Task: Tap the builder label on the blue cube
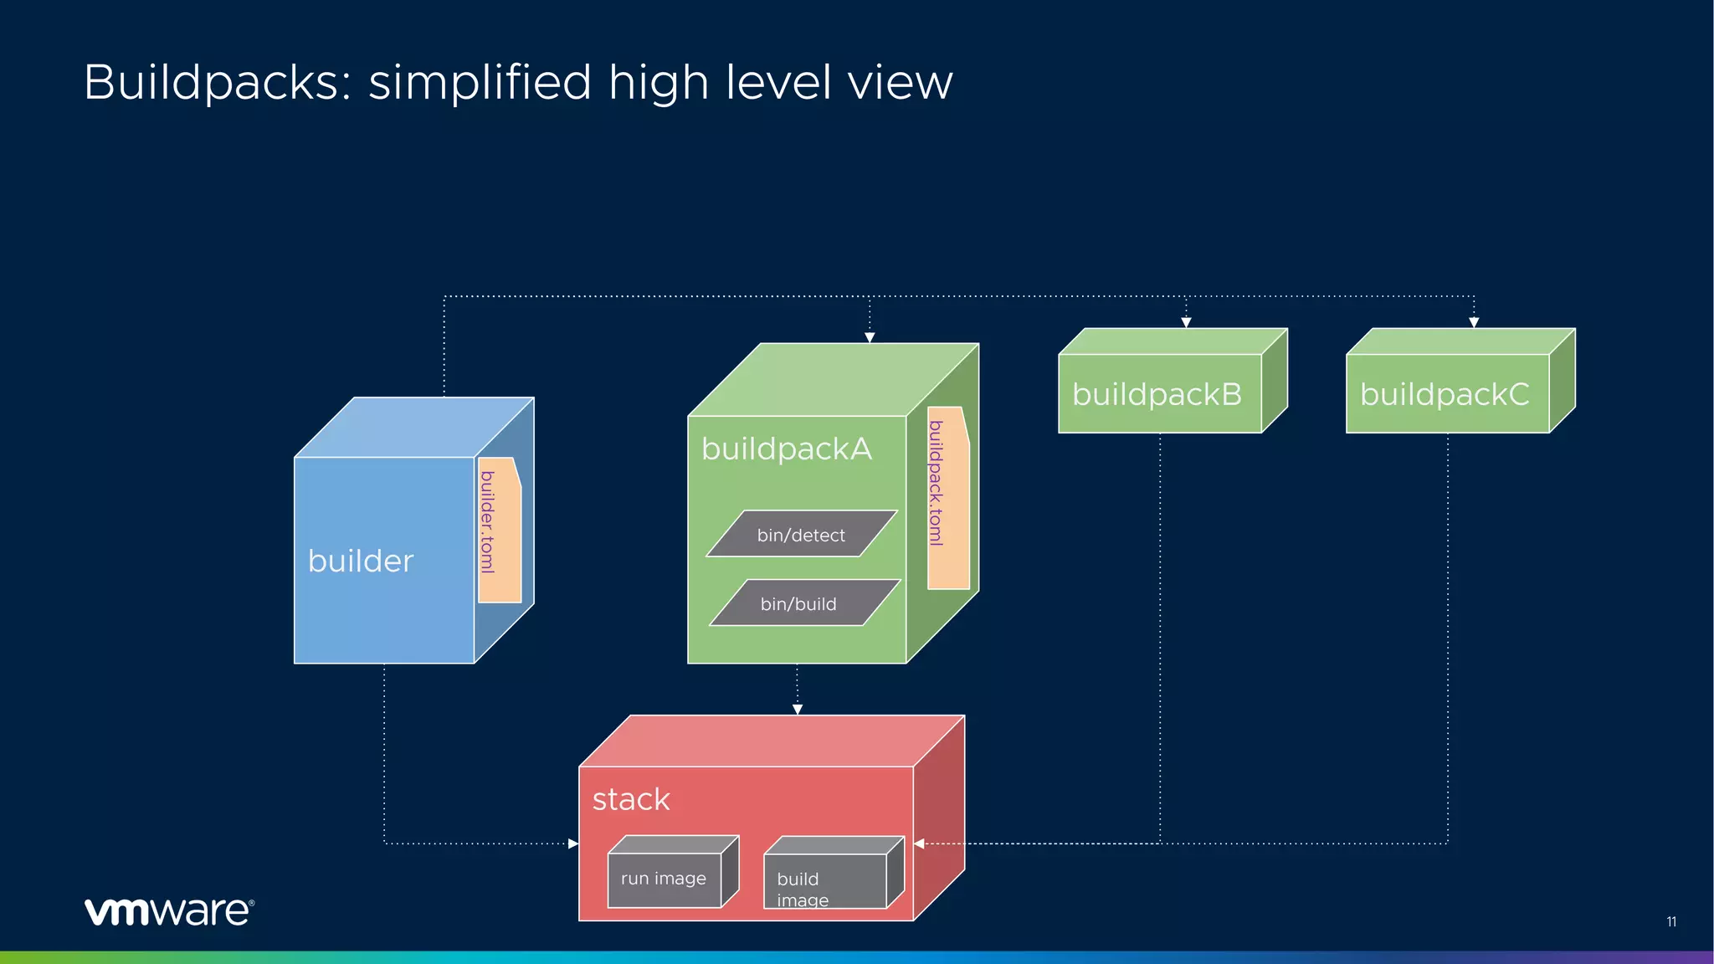coord(361,561)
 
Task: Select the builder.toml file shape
coord(500,529)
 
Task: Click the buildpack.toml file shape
coord(947,497)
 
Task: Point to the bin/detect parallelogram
coord(801,534)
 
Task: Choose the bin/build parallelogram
coord(803,602)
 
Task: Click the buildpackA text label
coord(786,449)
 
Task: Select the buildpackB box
coord(1159,392)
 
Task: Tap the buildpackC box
coord(1446,392)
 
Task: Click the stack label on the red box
coord(631,799)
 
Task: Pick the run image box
coord(665,879)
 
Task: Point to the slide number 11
coord(1670,921)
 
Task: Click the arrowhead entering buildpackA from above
coord(870,337)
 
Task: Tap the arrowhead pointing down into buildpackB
coord(1186,322)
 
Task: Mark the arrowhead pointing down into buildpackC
coord(1474,322)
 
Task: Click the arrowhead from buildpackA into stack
coord(797,709)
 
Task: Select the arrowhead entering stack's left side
coord(573,843)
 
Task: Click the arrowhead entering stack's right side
coord(920,843)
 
